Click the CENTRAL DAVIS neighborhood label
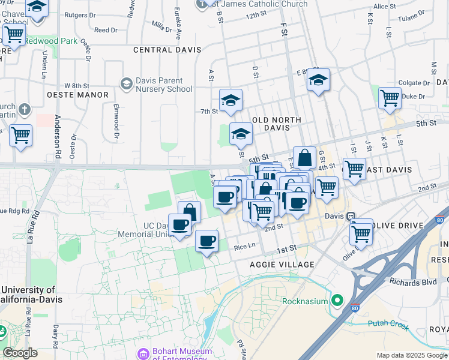pos(167,50)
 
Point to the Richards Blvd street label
pos(412,280)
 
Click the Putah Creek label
pos(388,323)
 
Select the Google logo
pos(20,353)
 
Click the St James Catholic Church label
pos(260,4)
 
